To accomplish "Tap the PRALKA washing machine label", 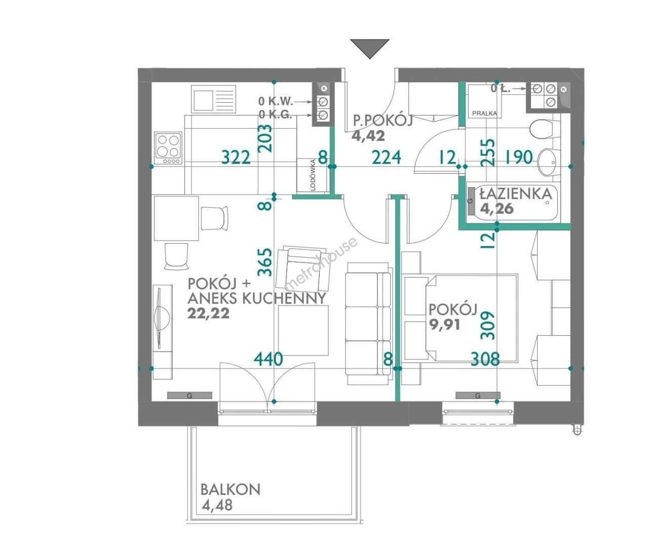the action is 484,113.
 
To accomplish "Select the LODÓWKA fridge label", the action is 313,175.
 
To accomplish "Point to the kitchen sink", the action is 214,99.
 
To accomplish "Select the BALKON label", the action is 231,489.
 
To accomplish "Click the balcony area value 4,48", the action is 217,505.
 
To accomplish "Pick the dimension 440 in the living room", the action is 268,359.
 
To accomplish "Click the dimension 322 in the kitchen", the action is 236,157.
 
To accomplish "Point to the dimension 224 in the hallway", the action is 387,157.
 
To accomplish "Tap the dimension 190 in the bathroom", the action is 519,157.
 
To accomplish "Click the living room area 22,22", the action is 208,313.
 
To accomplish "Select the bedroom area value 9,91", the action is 444,325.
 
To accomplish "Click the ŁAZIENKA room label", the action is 516,193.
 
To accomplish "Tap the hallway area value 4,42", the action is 368,136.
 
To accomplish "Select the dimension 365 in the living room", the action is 265,262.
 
